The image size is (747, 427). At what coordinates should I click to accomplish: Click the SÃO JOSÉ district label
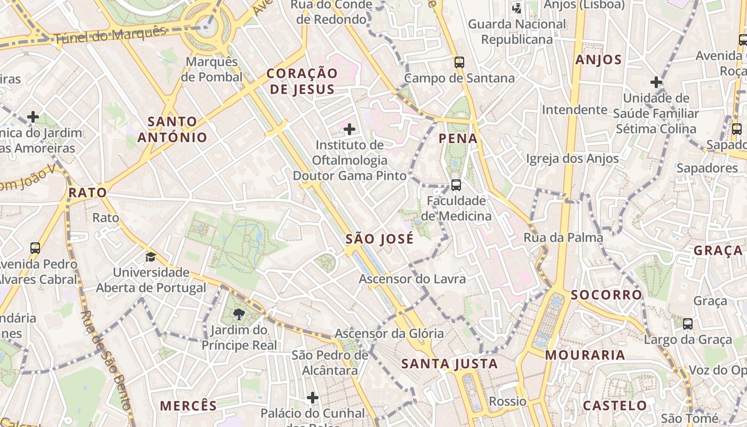(x=379, y=239)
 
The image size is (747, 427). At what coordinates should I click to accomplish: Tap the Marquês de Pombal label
(x=212, y=69)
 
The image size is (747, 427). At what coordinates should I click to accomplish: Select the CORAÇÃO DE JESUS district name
(x=302, y=81)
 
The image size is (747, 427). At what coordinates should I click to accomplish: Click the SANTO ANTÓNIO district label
(x=172, y=130)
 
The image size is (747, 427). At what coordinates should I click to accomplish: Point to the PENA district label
(x=458, y=139)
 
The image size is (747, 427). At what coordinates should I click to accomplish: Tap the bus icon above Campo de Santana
(x=459, y=62)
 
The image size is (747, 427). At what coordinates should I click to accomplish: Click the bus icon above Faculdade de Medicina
(x=456, y=185)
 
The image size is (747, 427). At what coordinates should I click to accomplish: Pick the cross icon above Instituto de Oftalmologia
(x=349, y=129)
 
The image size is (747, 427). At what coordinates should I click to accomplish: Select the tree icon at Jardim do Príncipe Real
(x=239, y=314)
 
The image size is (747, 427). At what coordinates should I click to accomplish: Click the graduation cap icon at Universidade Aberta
(x=150, y=257)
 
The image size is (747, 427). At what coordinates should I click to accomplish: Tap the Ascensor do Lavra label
(x=412, y=279)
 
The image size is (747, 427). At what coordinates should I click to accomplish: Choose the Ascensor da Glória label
(x=389, y=334)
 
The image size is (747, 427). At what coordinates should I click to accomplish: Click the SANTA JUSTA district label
(x=449, y=364)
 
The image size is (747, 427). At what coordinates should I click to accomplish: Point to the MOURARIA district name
(x=585, y=355)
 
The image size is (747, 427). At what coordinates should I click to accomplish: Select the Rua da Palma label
(x=563, y=238)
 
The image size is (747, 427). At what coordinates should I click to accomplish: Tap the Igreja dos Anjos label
(x=573, y=159)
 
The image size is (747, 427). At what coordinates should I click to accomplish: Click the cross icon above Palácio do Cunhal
(x=313, y=398)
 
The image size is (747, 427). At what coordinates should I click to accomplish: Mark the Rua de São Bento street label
(x=106, y=360)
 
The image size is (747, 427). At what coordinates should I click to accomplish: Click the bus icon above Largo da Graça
(x=688, y=323)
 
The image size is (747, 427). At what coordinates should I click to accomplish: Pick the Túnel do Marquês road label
(x=110, y=35)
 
